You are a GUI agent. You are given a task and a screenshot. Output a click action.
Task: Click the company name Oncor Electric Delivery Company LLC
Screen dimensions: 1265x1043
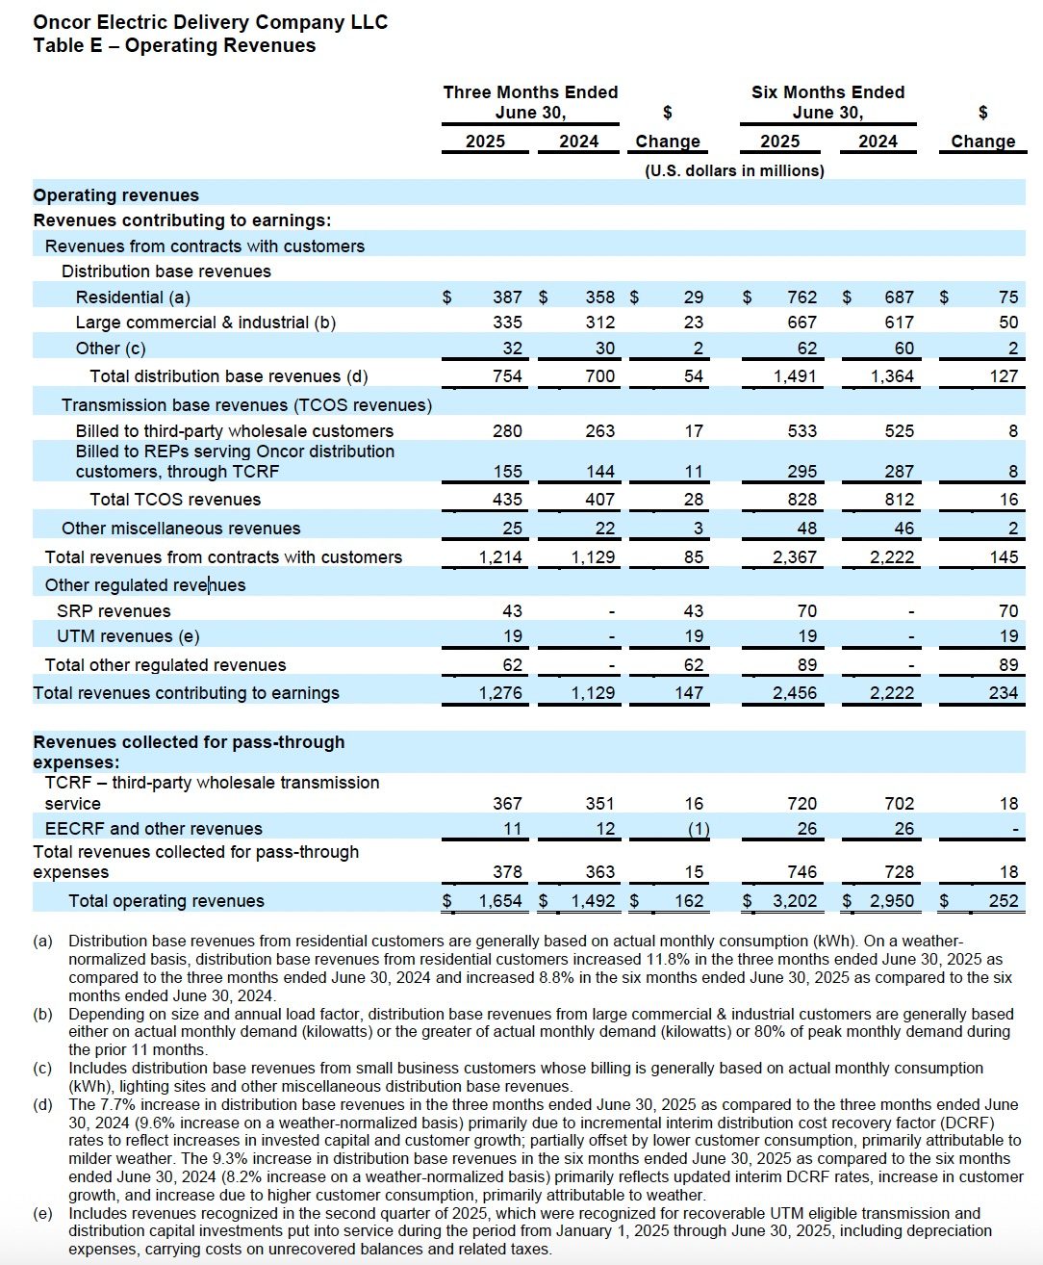pyautogui.click(x=210, y=22)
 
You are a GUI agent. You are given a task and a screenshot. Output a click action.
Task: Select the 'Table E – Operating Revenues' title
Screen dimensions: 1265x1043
pyautogui.click(x=174, y=45)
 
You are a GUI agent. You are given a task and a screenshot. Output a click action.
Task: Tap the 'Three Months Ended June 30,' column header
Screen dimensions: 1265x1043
pyautogui.click(x=530, y=102)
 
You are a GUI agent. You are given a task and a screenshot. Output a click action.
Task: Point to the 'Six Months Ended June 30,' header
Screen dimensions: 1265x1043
pyautogui.click(x=827, y=102)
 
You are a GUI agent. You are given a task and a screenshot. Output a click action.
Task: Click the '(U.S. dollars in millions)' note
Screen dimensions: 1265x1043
pyautogui.click(x=734, y=170)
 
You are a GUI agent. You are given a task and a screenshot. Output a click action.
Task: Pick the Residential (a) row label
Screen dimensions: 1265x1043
pyautogui.click(x=133, y=297)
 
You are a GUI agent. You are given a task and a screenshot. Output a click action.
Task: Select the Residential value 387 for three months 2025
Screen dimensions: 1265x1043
pyautogui.click(x=507, y=297)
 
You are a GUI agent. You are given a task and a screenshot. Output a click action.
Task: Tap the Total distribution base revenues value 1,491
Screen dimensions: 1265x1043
pyautogui.click(x=795, y=376)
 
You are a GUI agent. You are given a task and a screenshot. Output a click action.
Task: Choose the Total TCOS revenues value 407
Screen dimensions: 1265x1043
pyautogui.click(x=599, y=500)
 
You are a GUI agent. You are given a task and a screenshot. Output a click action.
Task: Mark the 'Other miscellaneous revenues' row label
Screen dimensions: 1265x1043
pyautogui.click(x=181, y=529)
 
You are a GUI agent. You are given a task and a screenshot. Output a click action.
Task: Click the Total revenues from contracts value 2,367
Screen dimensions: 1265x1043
pyautogui.click(x=795, y=557)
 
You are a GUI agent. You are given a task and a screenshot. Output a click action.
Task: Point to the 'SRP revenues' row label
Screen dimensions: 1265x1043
pyautogui.click(x=114, y=611)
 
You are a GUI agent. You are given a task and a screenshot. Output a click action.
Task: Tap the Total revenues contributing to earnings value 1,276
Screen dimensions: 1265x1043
pyautogui.click(x=500, y=693)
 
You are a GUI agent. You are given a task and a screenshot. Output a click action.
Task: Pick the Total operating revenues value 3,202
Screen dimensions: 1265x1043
pyautogui.click(x=795, y=901)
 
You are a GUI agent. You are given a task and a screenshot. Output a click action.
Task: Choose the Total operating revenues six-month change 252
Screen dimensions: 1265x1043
pyautogui.click(x=1004, y=901)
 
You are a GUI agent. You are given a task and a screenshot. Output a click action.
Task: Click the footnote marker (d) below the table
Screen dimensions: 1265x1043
pyautogui.click(x=43, y=1104)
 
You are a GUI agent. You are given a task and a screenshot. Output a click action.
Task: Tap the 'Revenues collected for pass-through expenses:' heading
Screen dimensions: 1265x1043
pyautogui.click(x=189, y=752)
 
